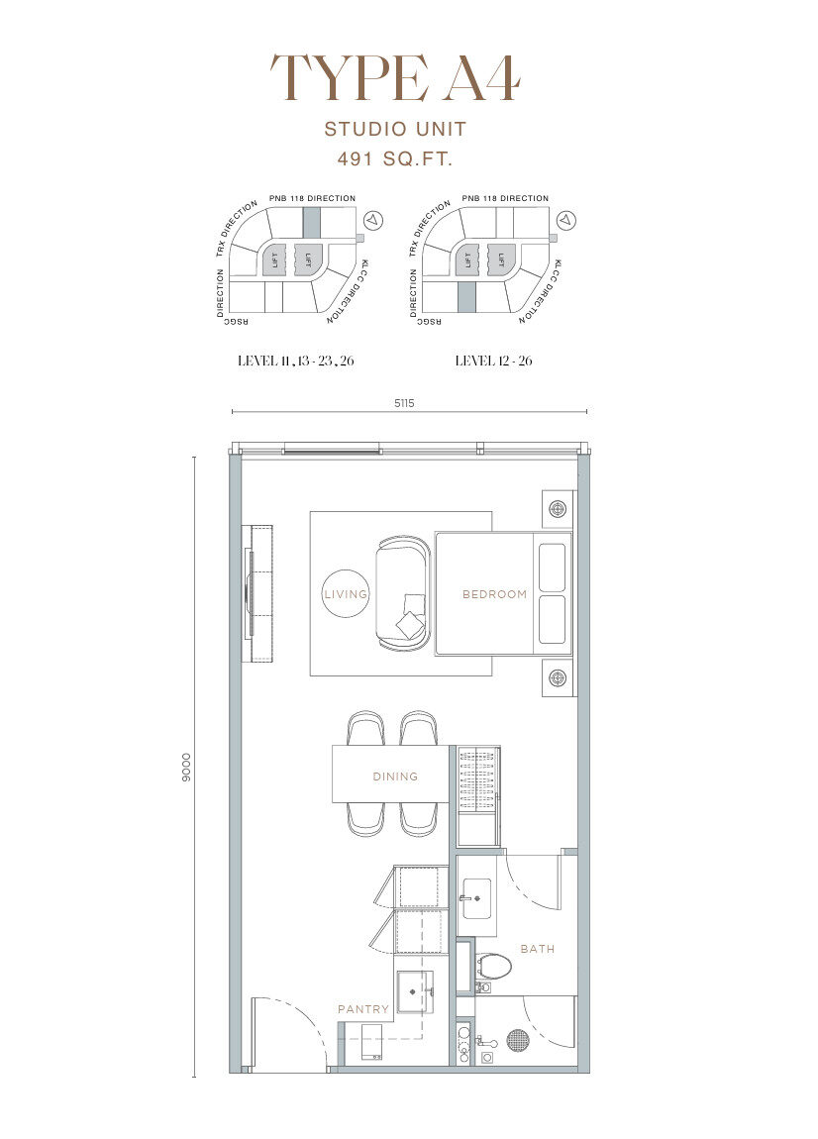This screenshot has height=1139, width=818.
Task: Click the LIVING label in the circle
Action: click(x=345, y=594)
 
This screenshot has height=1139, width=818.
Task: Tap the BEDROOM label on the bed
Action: click(x=495, y=594)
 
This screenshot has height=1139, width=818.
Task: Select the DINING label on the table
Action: click(x=395, y=777)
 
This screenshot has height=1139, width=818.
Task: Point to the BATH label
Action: click(x=538, y=949)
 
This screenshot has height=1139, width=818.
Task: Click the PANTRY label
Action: click(x=363, y=1009)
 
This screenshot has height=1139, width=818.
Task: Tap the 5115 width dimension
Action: click(x=405, y=403)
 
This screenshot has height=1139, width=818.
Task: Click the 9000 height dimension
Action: click(x=187, y=767)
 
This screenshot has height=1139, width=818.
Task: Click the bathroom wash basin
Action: click(x=476, y=898)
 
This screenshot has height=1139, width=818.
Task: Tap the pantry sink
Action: click(x=415, y=990)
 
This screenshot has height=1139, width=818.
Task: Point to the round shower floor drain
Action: click(x=517, y=1040)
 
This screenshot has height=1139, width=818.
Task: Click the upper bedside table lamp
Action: click(x=558, y=508)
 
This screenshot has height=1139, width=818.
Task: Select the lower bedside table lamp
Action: click(x=558, y=678)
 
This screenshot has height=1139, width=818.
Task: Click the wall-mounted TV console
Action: click(x=260, y=592)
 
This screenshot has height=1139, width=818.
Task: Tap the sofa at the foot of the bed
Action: click(x=403, y=592)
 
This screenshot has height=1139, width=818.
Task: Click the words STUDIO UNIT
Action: click(x=395, y=130)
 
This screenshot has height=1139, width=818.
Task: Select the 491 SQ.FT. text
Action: click(x=395, y=158)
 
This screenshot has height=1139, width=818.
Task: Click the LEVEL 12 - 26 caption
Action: click(x=493, y=361)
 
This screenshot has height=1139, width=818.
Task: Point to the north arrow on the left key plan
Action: click(x=373, y=219)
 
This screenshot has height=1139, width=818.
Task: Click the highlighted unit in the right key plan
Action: click(x=466, y=298)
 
